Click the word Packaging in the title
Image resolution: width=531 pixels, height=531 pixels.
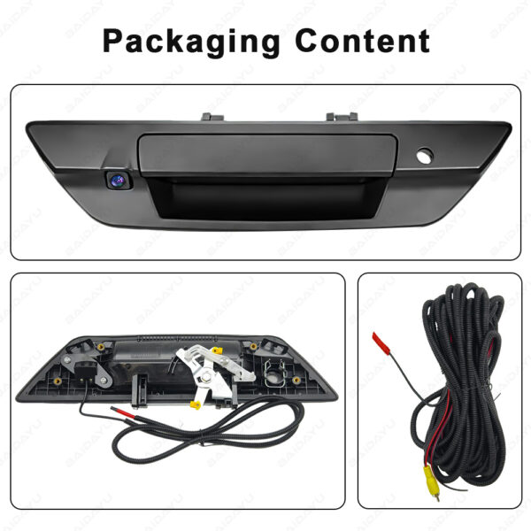pos(191,42)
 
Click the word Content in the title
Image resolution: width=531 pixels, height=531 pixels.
pos(362,41)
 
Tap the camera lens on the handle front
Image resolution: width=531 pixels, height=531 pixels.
pos(117,179)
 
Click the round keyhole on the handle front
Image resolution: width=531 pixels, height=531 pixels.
pos(425,154)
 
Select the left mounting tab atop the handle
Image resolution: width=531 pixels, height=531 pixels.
pos(212,117)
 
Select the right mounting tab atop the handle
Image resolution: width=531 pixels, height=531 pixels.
pos(342,117)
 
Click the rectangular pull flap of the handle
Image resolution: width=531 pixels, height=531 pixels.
pos(267,155)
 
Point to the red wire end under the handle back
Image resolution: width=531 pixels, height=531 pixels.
pos(123,412)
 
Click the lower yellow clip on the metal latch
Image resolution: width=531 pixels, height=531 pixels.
pos(195,404)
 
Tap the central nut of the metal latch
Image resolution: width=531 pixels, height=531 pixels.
pos(206,377)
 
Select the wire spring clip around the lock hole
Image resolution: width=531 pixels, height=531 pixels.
pos(275,373)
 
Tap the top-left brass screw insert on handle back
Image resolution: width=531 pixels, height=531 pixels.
pos(100,347)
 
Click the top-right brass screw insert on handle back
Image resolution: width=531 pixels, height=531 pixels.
pos(253,346)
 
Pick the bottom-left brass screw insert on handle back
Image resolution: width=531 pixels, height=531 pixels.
pos(58,381)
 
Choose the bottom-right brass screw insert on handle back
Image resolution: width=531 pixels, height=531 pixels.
pos(296,380)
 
